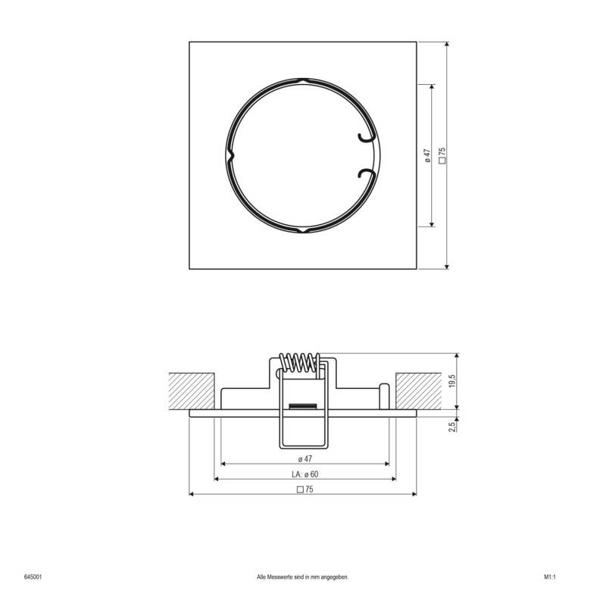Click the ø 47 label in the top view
coord(428,156)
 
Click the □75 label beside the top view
coord(442,156)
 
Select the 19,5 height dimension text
coord(452,380)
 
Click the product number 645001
coord(33,577)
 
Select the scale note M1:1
coord(550,577)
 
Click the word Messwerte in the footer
coord(286,577)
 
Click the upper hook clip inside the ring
coord(366,137)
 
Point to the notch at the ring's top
coord(302,80)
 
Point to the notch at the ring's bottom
coord(302,230)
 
